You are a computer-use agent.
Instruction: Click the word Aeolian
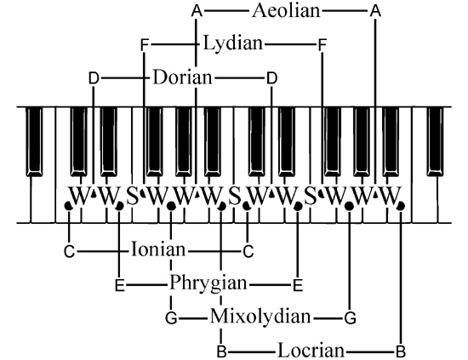click(286, 11)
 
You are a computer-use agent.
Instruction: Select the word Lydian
click(233, 43)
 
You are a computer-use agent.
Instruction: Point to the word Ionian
click(158, 249)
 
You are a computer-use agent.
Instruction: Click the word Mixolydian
click(260, 317)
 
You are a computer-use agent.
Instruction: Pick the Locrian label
click(311, 351)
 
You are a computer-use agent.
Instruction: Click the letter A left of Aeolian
click(197, 11)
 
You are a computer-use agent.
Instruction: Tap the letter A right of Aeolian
click(375, 11)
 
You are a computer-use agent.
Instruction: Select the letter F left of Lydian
click(144, 45)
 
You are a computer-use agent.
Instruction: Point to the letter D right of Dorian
click(271, 78)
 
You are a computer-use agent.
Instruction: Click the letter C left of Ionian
click(69, 251)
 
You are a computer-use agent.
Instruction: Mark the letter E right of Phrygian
click(298, 285)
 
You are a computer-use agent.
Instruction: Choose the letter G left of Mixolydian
click(171, 318)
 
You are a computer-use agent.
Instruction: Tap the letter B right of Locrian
click(401, 351)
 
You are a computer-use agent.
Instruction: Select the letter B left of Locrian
click(222, 351)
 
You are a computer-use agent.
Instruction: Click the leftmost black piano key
click(34, 141)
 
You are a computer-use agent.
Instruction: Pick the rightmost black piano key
click(435, 141)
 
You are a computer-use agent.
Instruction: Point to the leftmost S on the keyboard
click(133, 196)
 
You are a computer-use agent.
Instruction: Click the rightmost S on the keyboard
click(311, 196)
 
